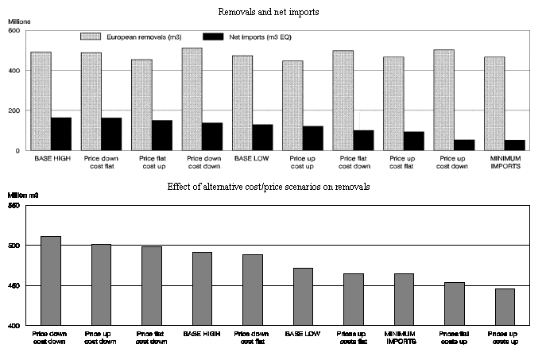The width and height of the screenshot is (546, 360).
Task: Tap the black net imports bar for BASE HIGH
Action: click(60, 134)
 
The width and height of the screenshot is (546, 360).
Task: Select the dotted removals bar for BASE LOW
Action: click(242, 103)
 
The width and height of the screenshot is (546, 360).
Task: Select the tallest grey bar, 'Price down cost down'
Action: click(51, 281)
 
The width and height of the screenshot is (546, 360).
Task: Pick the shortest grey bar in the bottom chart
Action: click(504, 307)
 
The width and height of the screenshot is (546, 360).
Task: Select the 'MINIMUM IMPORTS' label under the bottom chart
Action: click(404, 338)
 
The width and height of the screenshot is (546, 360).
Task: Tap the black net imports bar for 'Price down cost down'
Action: click(212, 136)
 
